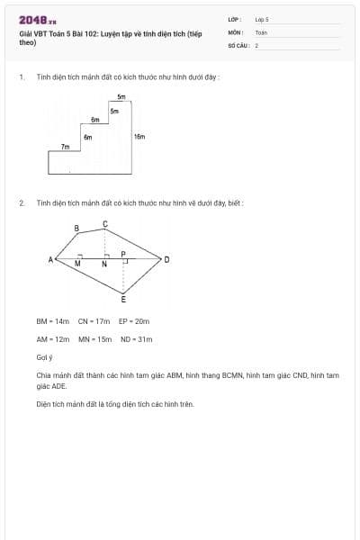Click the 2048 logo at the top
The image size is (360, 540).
38,21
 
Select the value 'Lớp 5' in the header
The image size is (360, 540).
262,19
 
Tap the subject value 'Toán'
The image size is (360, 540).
261,31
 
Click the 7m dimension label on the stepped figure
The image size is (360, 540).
65,146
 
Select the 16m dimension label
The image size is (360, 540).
139,137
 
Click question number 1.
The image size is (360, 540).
21,77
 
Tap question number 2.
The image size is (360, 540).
22,203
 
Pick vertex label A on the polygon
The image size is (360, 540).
50,259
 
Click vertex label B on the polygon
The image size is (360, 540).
76,229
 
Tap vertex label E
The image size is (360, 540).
123,299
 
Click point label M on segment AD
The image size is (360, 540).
77,265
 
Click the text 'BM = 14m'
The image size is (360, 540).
52,320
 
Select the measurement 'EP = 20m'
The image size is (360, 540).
134,320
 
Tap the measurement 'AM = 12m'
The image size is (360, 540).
52,339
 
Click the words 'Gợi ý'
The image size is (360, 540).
45,357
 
